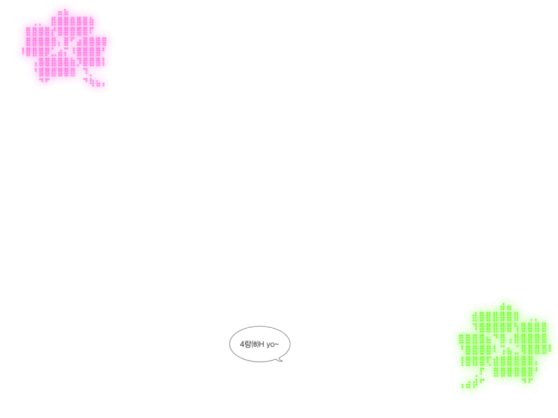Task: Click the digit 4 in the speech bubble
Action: point(242,344)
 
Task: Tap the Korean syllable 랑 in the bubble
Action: point(248,344)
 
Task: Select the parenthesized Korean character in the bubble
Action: point(255,344)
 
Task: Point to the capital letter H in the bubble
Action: point(262,344)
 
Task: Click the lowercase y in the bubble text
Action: point(268,345)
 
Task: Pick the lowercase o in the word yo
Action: point(272,345)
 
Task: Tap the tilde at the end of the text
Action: point(277,344)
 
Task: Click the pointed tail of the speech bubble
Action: point(281,360)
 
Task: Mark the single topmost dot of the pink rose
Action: point(65,10)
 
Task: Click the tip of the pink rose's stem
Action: point(103,84)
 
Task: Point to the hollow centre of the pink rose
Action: point(66,50)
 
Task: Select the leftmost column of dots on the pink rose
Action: point(23,51)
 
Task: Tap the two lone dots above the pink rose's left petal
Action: point(38,25)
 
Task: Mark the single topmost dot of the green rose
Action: point(503,304)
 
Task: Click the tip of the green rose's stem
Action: point(463,386)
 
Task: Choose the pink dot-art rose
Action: point(64,48)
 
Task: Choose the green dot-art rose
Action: point(505,346)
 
